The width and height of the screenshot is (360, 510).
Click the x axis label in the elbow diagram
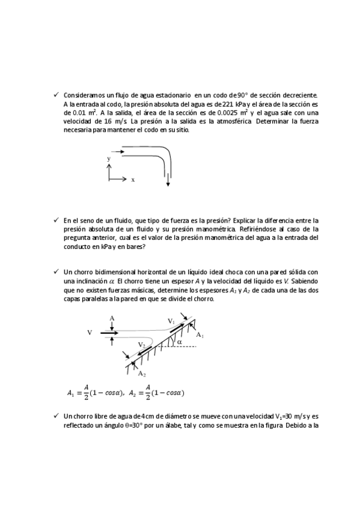pyautogui.click(x=133, y=180)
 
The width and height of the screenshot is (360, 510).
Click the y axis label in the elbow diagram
pyautogui.click(x=109, y=158)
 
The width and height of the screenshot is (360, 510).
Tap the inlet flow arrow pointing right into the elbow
pyautogui.click(x=118, y=152)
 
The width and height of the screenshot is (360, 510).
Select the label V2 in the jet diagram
pyautogui.click(x=141, y=344)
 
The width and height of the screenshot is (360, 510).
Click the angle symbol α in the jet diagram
pyautogui.click(x=179, y=342)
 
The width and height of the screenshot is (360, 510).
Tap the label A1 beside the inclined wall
pyautogui.click(x=200, y=335)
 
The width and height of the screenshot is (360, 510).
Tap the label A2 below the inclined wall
pyautogui.click(x=142, y=373)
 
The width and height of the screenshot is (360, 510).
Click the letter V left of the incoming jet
pyautogui.click(x=90, y=332)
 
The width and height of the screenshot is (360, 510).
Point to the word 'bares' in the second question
pyautogui.click(x=135, y=246)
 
